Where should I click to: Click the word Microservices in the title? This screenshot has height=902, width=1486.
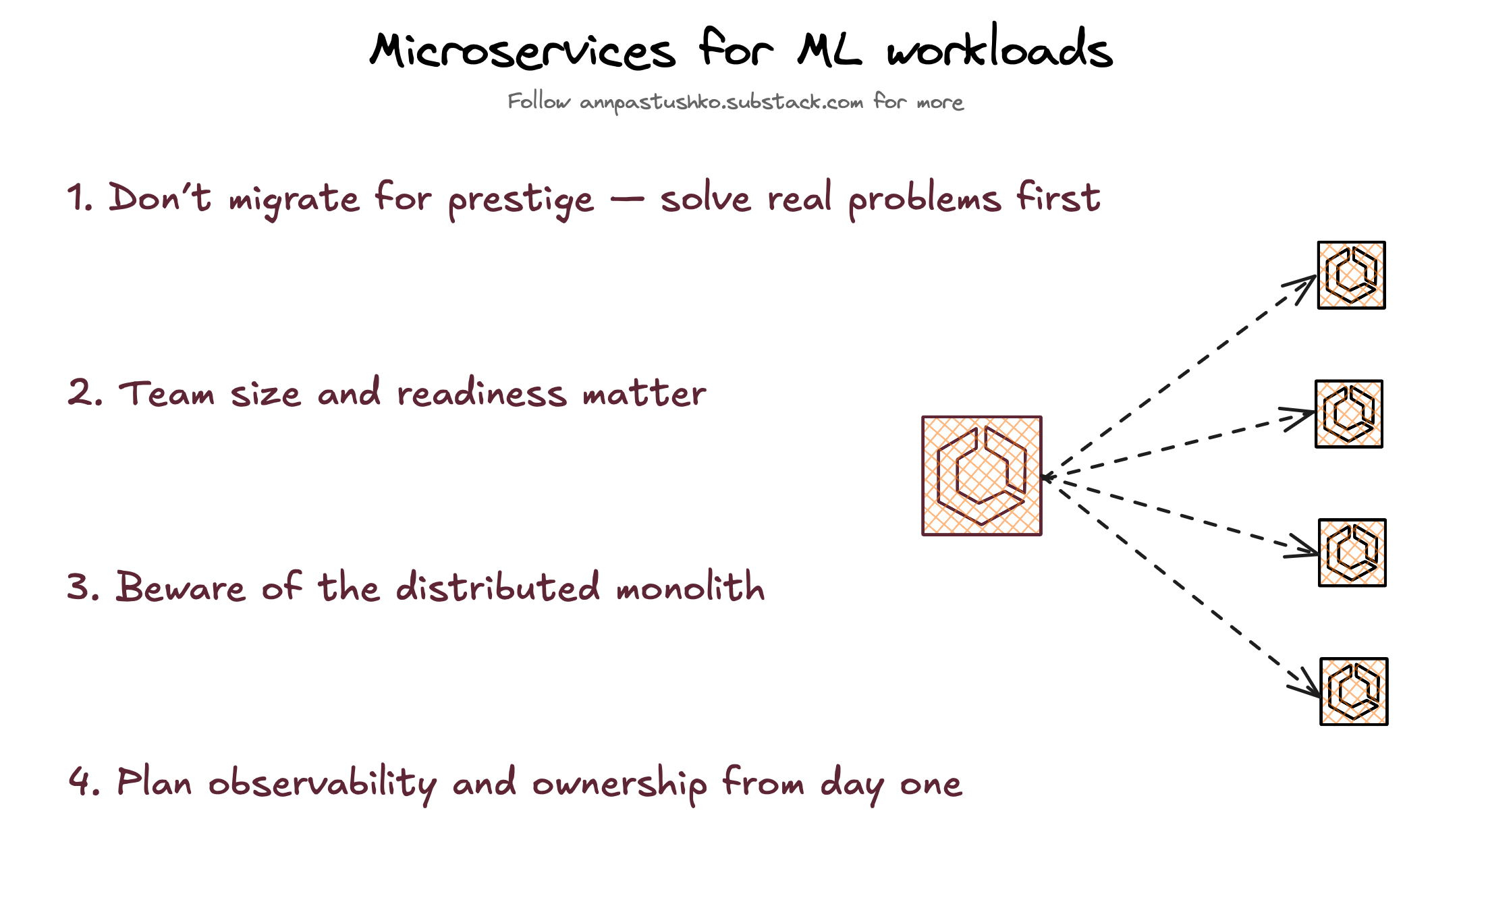click(522, 51)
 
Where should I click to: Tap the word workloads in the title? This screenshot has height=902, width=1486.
click(999, 49)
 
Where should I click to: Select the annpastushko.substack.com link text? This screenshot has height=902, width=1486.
click(721, 103)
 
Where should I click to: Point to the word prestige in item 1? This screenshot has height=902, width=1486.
click(521, 200)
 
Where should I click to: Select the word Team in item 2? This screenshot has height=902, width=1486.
click(167, 393)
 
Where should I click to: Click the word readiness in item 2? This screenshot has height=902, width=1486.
click(482, 393)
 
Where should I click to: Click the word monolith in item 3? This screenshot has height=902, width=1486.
click(690, 586)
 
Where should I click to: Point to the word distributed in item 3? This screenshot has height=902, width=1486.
click(497, 586)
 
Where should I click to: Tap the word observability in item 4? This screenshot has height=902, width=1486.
click(323, 783)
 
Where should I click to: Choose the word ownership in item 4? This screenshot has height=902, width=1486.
click(620, 783)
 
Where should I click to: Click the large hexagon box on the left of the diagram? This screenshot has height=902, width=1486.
click(982, 476)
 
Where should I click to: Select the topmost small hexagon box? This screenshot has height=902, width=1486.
click(1351, 275)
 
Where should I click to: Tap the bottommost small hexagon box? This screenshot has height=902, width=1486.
click(1354, 692)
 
